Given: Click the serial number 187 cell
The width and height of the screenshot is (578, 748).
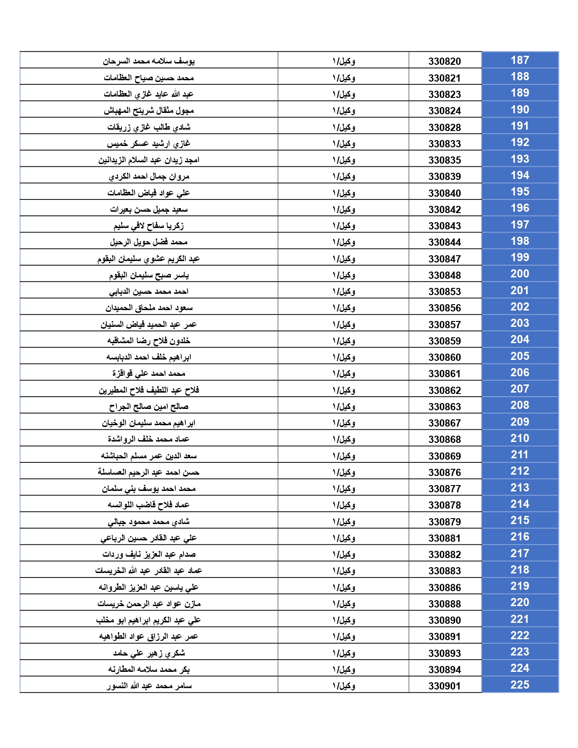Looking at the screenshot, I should point(520,60).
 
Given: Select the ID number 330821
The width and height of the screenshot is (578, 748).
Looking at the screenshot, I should point(444,78).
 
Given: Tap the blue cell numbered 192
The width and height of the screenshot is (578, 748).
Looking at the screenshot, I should point(520,142).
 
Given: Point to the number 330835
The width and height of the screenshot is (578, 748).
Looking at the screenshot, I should point(444,160).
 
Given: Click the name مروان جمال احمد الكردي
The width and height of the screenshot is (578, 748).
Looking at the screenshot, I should point(149,176).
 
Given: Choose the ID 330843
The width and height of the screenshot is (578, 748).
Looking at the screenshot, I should point(444,226).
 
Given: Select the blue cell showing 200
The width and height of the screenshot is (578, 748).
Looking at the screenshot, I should point(520,274).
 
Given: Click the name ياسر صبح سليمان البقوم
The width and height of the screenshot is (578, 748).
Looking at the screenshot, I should point(149,275).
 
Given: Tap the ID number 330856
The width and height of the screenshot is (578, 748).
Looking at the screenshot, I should point(444,308).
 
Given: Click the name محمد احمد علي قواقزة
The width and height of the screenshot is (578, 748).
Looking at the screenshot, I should point(149,374).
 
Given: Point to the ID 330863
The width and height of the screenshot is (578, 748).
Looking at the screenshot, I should point(444,407).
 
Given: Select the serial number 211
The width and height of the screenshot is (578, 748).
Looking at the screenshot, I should point(520,455).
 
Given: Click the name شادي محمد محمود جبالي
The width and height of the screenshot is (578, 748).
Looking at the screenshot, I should point(149,522).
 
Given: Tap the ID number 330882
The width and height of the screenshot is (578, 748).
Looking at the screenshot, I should point(444,554).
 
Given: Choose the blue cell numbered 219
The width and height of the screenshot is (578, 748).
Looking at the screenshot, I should point(520,586).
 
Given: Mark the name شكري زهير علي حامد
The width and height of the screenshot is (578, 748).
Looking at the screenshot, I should point(149,653).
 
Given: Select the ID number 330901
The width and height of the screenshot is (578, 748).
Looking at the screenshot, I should point(444,686).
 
